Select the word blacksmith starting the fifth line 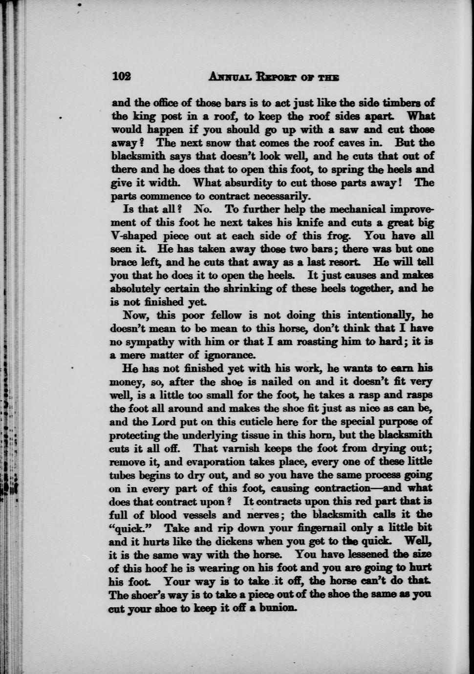point(139,156)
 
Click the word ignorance point(229,355)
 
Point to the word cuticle point(241,421)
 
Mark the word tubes point(123,475)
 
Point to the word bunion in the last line point(278,608)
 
